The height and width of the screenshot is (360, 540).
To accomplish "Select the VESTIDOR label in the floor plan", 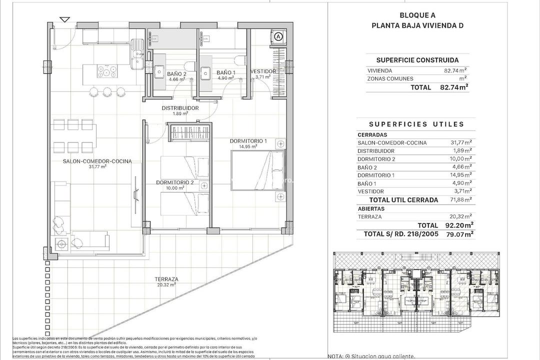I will click(263, 71).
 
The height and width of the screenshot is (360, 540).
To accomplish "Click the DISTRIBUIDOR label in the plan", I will click(180, 108).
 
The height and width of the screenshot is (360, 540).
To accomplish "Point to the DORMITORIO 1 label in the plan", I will click(248, 141).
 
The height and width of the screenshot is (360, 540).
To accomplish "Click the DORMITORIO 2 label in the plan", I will click(174, 182).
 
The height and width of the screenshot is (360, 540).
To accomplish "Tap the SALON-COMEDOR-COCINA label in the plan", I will click(97, 161).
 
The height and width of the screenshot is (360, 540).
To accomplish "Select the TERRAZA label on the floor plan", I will click(166, 279).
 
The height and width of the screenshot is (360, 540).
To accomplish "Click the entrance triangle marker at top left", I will click(64, 19).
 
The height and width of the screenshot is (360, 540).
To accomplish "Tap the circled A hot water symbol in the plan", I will click(278, 36).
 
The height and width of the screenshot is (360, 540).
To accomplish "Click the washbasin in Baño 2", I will click(159, 71).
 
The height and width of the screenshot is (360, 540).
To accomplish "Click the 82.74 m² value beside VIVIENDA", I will click(455, 70).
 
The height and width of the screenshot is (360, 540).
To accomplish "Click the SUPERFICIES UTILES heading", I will click(416, 124).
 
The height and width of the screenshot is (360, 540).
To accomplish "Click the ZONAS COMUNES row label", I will click(390, 78).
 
